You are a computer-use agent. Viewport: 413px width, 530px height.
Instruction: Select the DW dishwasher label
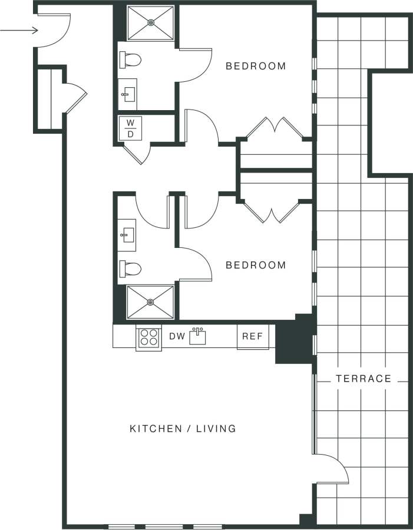(x=177, y=336)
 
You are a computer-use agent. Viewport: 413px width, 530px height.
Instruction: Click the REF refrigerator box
(x=253, y=337)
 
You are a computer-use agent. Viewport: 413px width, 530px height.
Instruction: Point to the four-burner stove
(x=148, y=337)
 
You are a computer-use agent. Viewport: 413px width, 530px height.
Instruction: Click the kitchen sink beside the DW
(x=198, y=336)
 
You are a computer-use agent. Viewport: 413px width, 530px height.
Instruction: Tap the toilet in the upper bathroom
(x=131, y=60)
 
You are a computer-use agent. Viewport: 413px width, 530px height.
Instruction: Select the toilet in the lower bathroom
(x=131, y=269)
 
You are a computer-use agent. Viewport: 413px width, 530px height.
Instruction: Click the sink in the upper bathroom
(x=127, y=94)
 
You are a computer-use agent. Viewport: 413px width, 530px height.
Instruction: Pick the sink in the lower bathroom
(x=127, y=236)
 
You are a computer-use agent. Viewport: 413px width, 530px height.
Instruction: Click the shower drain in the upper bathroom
(x=151, y=23)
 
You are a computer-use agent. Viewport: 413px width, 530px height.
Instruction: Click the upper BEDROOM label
(x=256, y=66)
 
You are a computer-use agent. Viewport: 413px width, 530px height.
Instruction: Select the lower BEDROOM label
(x=256, y=265)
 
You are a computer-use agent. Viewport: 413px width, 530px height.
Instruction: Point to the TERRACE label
(x=364, y=379)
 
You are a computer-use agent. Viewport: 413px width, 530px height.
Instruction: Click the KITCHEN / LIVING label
(x=183, y=429)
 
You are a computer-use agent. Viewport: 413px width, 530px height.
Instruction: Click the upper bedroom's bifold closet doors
(x=275, y=128)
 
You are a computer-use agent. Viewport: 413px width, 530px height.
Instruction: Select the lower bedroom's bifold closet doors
(x=275, y=212)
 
